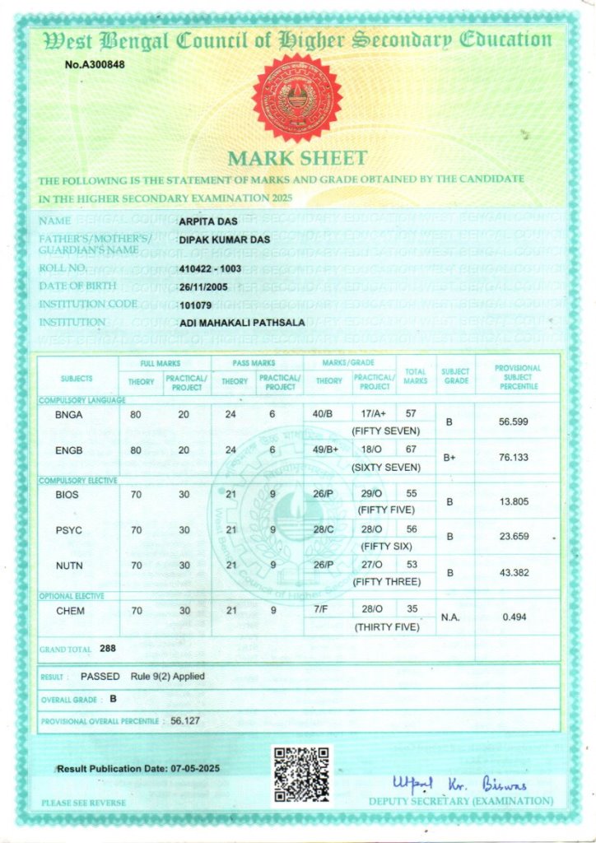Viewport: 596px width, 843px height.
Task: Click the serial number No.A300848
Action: click(95, 65)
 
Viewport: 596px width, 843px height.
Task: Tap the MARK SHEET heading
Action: click(297, 158)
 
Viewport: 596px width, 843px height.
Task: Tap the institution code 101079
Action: click(195, 304)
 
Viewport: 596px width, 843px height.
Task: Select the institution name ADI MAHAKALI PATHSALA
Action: click(242, 323)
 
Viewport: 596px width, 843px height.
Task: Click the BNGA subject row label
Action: click(68, 415)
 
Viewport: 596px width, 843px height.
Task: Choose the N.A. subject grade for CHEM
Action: click(450, 617)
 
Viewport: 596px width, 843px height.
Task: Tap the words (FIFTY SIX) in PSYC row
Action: click(386, 546)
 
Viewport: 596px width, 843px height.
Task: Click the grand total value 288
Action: click(108, 649)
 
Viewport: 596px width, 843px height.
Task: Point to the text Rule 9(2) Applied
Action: click(167, 676)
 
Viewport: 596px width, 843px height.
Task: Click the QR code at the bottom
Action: click(301, 775)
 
